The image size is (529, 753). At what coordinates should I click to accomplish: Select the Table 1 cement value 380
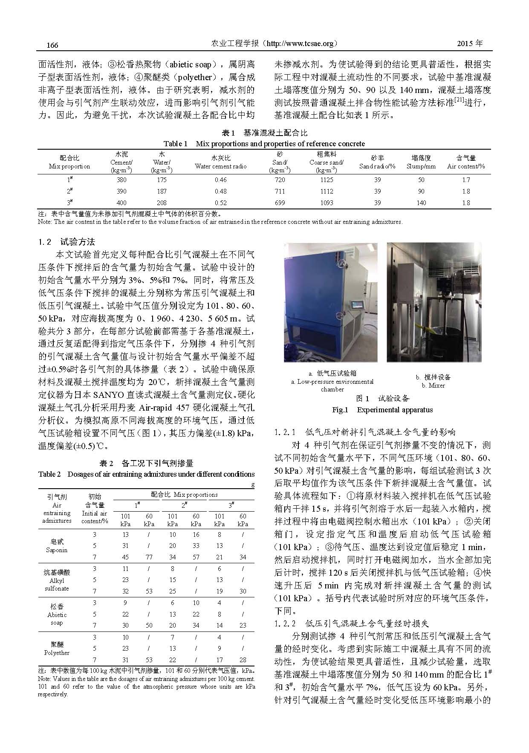(121, 180)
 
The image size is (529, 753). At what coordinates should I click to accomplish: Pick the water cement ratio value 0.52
(221, 203)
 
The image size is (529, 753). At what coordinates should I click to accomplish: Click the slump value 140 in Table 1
(421, 203)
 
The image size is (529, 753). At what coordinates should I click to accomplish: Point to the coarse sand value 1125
(327, 180)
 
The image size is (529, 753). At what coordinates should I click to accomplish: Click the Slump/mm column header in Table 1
(421, 166)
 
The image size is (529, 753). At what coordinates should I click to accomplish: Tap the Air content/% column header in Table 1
(466, 166)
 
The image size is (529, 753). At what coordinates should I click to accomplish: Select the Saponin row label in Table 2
(57, 550)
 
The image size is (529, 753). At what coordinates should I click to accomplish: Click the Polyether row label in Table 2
(57, 652)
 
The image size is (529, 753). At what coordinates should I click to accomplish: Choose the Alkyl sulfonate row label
(57, 584)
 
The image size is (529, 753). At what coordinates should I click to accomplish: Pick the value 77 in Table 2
(149, 557)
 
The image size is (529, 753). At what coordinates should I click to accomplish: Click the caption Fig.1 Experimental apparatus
(382, 410)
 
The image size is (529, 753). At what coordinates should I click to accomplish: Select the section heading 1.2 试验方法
(67, 242)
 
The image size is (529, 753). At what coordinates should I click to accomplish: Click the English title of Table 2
(146, 474)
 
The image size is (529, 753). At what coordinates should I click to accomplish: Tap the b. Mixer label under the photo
(433, 385)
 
